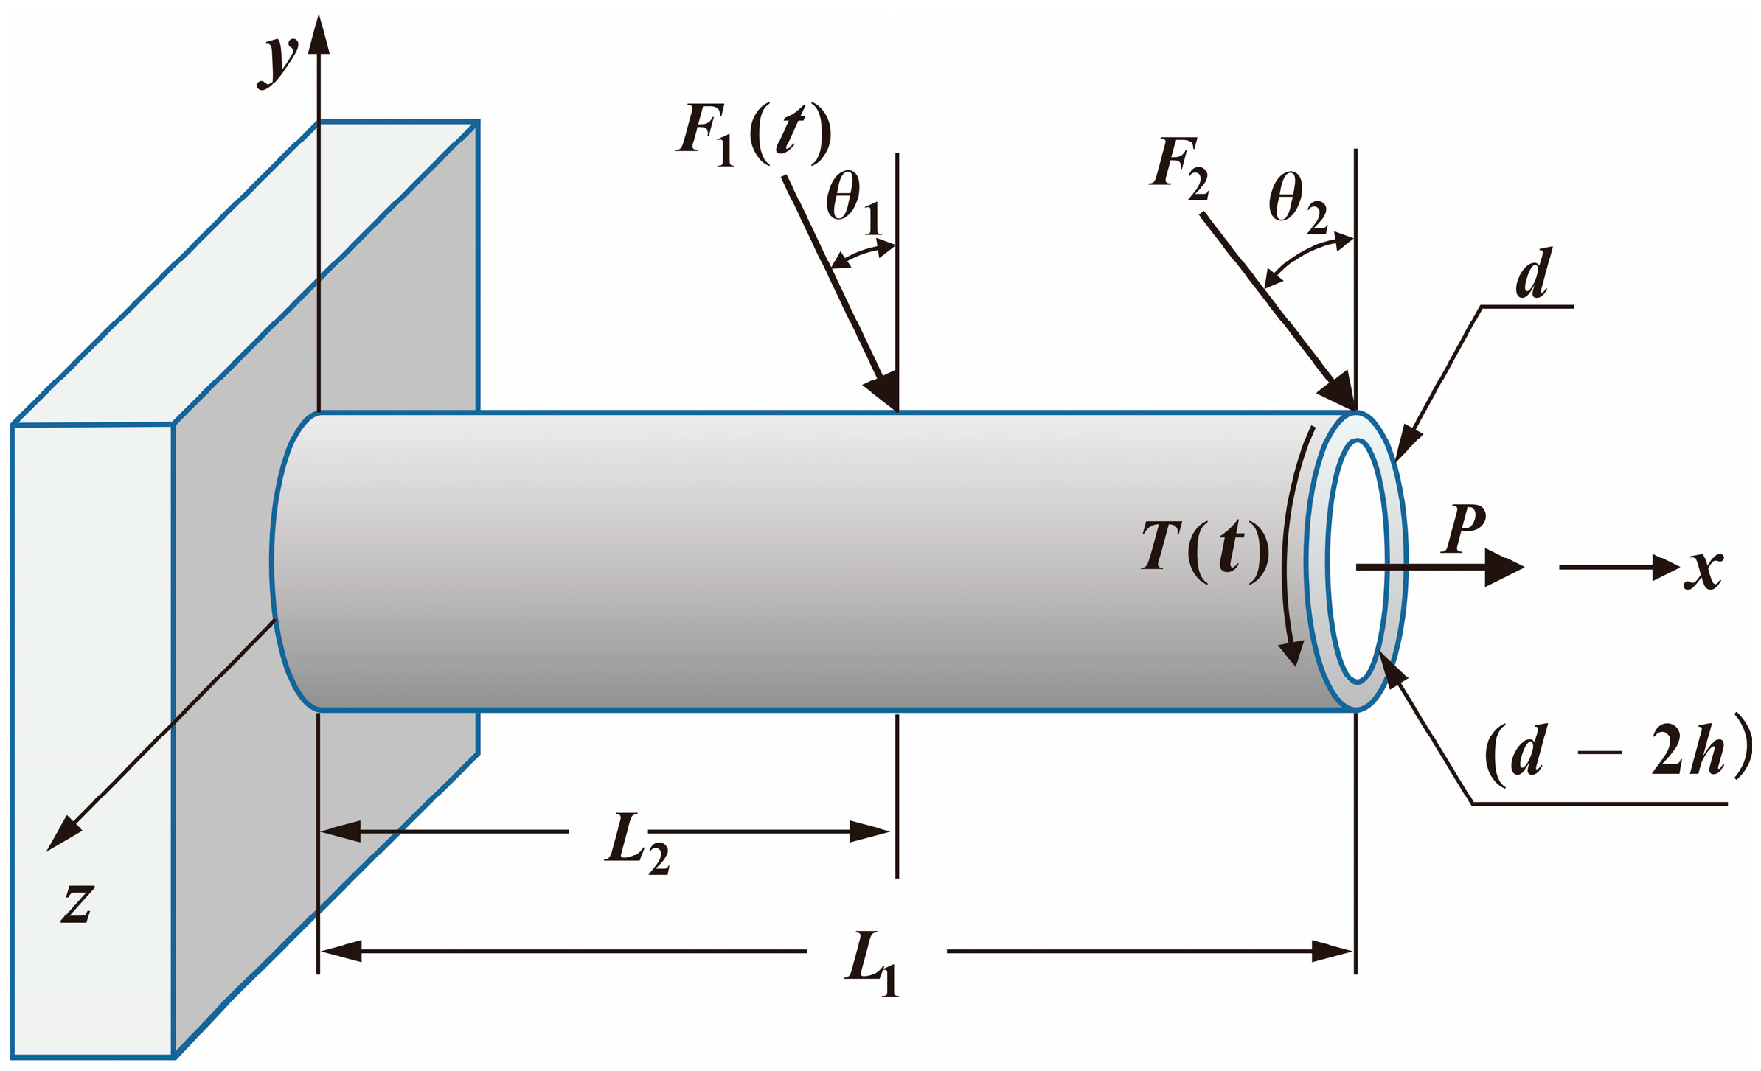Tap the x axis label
tap(1703, 569)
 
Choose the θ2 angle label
tap(1298, 203)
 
